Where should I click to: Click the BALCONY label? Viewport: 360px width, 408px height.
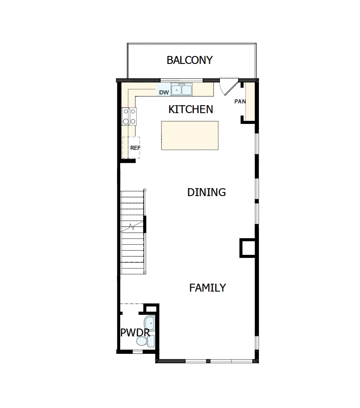pos(190,60)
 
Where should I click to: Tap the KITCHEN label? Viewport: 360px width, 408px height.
pos(191,110)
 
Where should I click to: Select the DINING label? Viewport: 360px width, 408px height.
pos(206,192)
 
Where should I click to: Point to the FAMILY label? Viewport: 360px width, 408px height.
pos(207,288)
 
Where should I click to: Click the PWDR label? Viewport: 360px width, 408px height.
pos(135,332)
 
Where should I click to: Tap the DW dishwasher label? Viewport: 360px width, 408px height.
pos(164,92)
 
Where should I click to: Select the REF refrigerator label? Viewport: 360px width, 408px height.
pos(135,148)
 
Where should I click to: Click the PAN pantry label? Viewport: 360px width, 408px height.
pos(239,101)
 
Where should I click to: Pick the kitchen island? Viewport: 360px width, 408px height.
pos(190,135)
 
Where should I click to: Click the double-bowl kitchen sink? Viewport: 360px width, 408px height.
pos(182,90)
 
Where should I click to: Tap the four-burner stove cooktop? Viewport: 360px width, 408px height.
pos(129,116)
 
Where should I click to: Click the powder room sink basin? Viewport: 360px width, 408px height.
pos(149,323)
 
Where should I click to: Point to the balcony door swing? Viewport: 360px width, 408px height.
pos(227,87)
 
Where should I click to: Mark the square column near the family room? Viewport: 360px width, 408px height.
pos(247,248)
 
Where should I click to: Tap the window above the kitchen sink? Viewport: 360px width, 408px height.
pos(182,80)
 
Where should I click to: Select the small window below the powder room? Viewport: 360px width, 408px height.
pos(137,351)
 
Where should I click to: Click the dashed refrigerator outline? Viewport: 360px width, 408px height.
pos(131,147)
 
